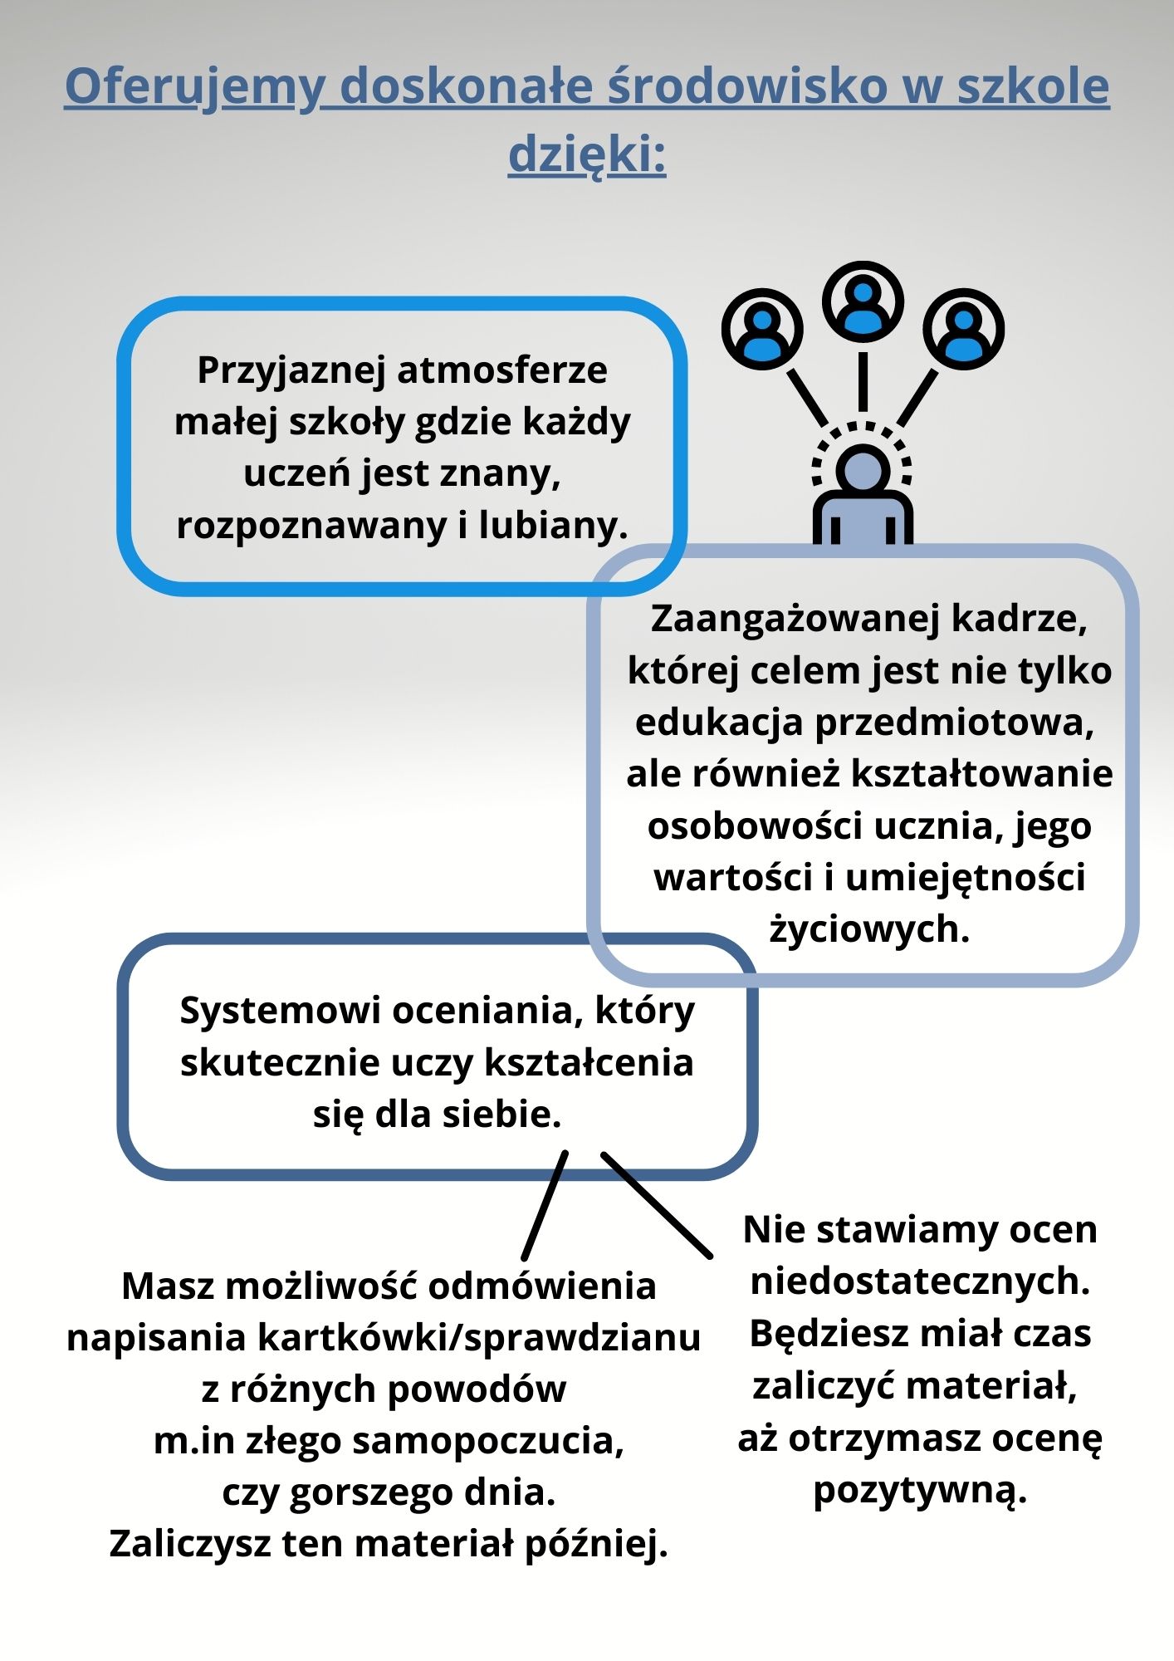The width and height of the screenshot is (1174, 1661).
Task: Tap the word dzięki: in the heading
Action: (x=587, y=155)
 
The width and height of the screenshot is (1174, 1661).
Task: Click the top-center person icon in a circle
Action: (x=863, y=302)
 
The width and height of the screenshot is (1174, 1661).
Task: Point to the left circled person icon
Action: (x=762, y=330)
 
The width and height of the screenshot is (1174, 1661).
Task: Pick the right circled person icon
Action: (x=963, y=329)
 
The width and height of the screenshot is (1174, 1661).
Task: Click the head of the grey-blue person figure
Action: (x=863, y=470)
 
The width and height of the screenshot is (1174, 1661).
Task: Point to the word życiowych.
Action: (x=869, y=929)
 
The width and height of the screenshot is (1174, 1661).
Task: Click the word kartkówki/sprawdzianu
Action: (x=479, y=1338)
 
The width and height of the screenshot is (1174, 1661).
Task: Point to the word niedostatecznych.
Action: (x=920, y=1281)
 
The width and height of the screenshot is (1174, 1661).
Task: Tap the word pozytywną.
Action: (x=920, y=1489)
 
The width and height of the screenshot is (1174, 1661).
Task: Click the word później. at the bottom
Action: (x=596, y=1544)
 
